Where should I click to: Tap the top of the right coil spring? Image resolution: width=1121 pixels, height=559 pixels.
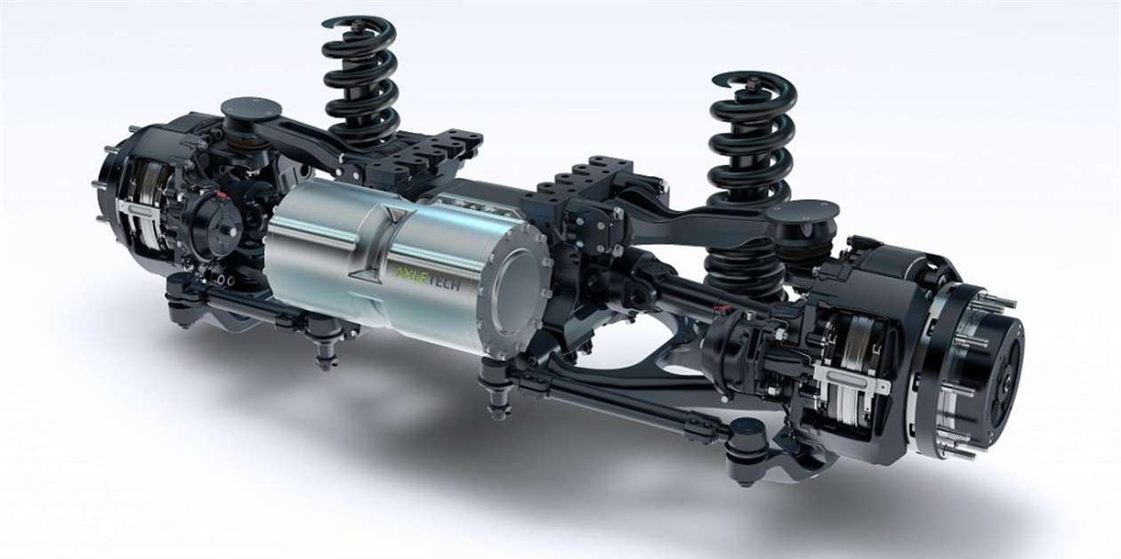(x=753, y=85)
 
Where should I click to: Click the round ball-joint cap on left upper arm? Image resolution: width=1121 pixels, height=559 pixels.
(x=251, y=109)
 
